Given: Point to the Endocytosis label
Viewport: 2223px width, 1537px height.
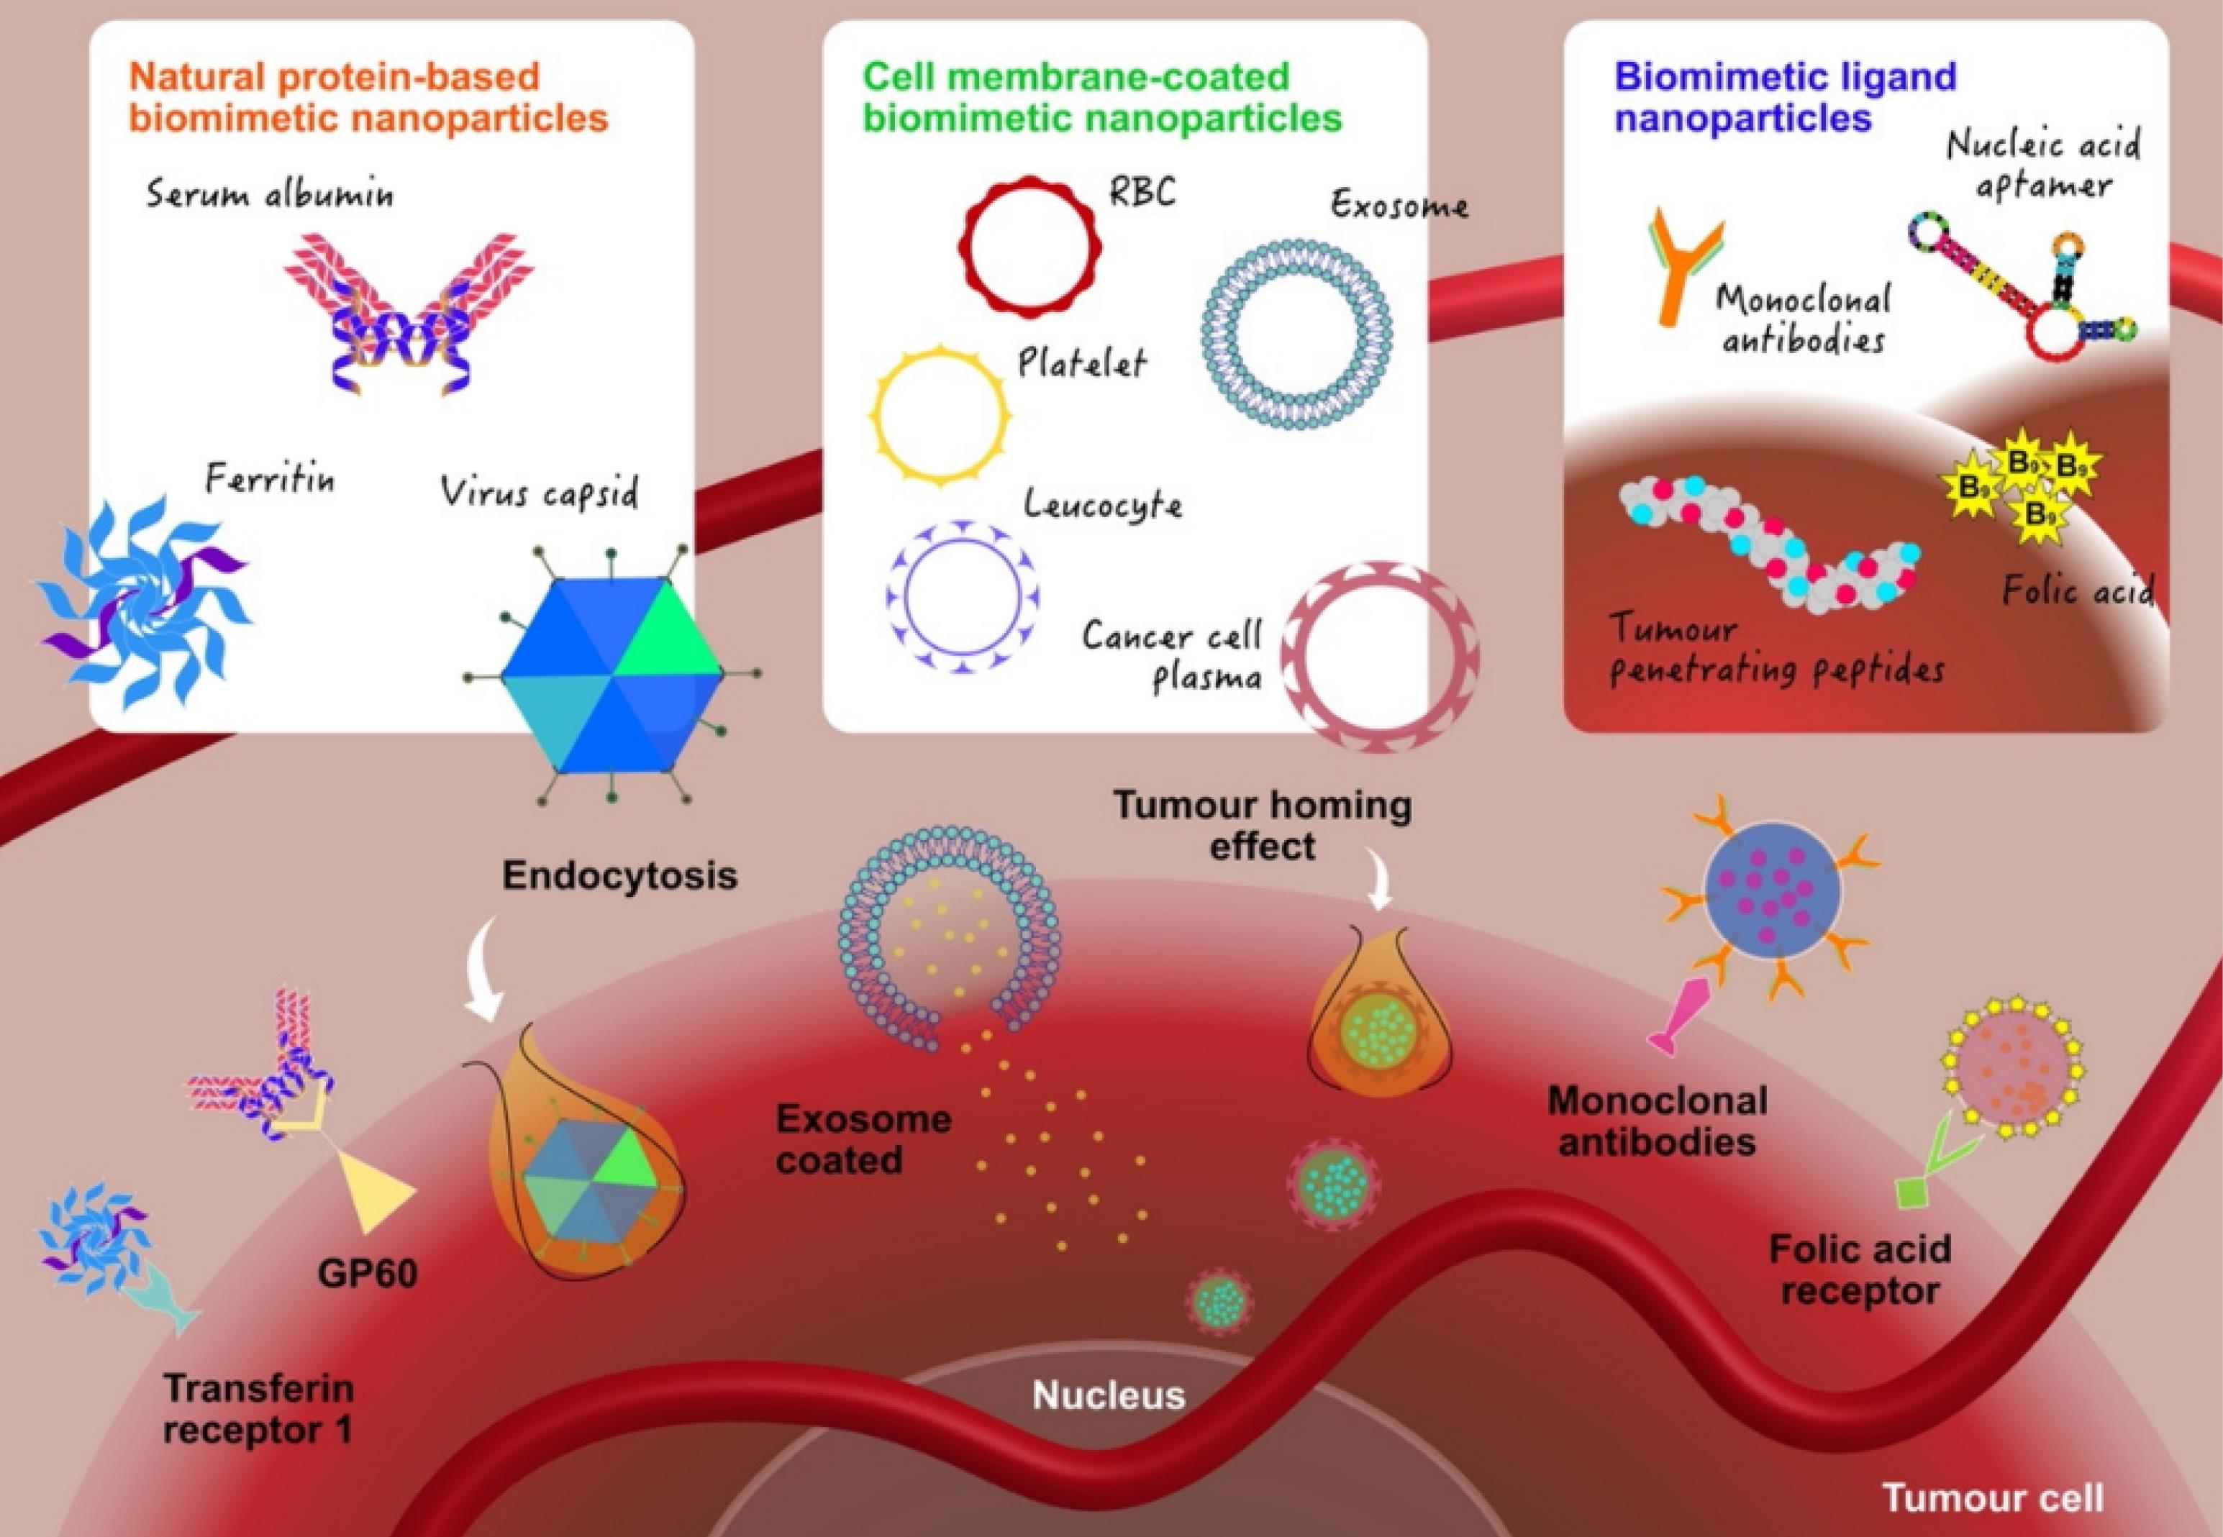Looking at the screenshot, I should pyautogui.click(x=619, y=875).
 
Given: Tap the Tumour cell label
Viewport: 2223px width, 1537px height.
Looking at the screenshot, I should pyautogui.click(x=1992, y=1497).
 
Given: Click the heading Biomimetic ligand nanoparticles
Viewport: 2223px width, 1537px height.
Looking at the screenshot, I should pyautogui.click(x=1785, y=96).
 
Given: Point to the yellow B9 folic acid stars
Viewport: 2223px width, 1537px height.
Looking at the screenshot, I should pyautogui.click(x=2023, y=486).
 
